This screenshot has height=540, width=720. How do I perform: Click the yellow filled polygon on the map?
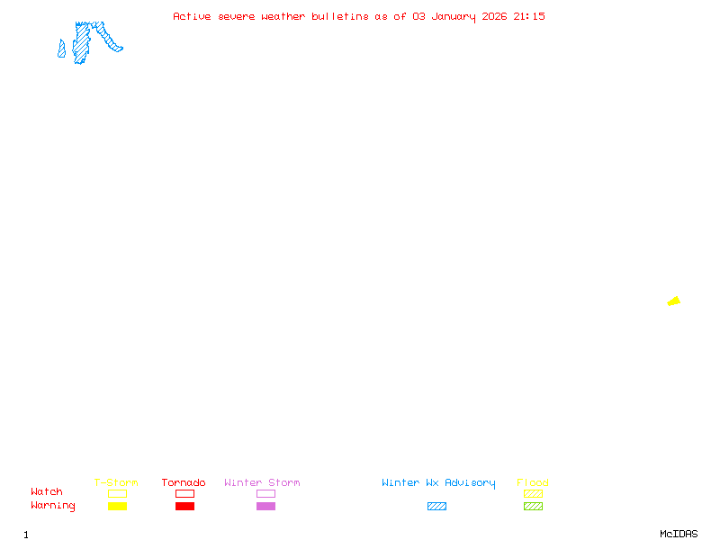coord(673,301)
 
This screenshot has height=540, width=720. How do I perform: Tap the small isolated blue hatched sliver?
coord(61,49)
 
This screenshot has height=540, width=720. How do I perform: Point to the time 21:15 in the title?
coord(529,16)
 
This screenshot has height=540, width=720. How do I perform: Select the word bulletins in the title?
coord(339,16)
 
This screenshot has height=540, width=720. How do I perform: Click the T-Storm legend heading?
coord(116,483)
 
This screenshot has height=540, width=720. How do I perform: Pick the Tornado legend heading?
coord(184,483)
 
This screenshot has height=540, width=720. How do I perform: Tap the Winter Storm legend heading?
coord(262,483)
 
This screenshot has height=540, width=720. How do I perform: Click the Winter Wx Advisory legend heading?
coord(438,483)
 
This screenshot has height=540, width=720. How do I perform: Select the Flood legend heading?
coord(533,483)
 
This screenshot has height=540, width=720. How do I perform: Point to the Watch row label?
coord(47,492)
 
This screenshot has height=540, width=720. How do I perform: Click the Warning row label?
coord(53,506)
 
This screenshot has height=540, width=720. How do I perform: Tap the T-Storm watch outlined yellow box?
coord(117,493)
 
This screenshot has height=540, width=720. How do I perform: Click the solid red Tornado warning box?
coord(184,507)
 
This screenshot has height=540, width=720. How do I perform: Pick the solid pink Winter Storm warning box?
coord(265,507)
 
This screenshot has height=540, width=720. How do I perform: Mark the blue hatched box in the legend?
coord(436,507)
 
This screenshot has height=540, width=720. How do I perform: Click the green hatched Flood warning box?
coord(533,507)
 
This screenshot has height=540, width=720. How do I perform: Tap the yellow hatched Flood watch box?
coord(533,493)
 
